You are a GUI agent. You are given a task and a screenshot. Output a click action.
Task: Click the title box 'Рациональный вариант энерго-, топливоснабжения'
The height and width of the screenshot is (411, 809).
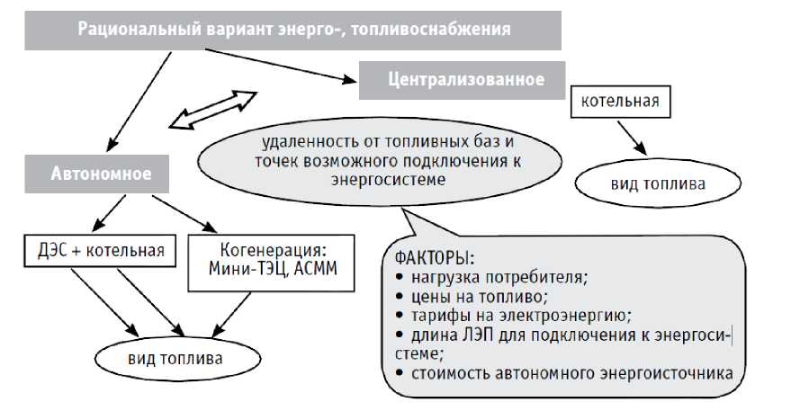click(293, 29)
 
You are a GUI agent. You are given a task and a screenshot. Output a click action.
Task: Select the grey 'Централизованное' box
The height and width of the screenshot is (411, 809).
click(464, 80)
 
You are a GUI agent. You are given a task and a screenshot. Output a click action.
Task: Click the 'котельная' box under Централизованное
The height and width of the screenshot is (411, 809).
click(621, 101)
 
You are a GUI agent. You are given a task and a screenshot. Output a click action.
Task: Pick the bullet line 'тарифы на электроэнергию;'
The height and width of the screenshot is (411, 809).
click(512, 316)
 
